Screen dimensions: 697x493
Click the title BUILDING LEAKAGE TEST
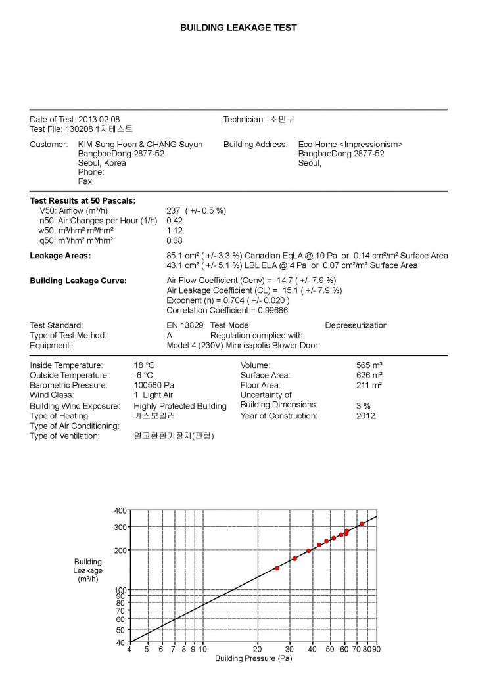239,28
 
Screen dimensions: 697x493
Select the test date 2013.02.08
99,120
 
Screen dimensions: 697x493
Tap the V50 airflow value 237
174,211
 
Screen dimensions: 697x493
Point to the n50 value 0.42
175,221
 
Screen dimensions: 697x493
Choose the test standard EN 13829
185,325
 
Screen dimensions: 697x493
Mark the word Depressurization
356,325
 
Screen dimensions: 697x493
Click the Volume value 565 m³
369,365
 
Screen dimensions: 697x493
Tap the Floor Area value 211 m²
369,385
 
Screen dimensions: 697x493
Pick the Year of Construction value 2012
367,416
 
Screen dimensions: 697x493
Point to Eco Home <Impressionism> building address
350,145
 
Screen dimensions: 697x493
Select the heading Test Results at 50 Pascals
83,200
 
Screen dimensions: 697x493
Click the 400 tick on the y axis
120,510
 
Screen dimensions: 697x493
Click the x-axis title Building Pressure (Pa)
253,658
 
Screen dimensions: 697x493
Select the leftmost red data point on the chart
277,568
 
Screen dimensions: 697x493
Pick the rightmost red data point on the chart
362,524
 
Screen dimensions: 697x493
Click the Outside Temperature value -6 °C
143,375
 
